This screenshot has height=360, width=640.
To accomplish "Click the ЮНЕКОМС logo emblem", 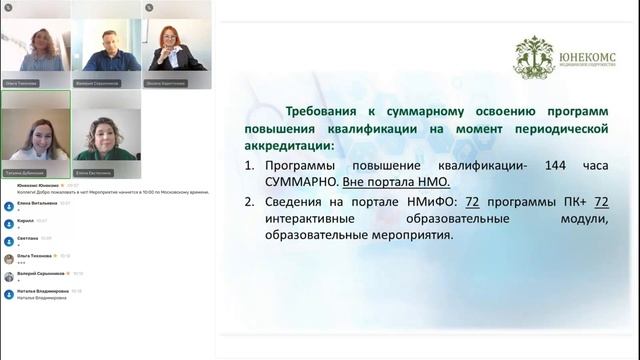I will pos(534,57).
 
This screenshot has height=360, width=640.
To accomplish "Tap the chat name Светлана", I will pos(28,238).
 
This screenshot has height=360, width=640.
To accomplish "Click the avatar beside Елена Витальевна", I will pos(9,205).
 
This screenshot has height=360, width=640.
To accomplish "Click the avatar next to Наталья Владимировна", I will pos(9,294).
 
